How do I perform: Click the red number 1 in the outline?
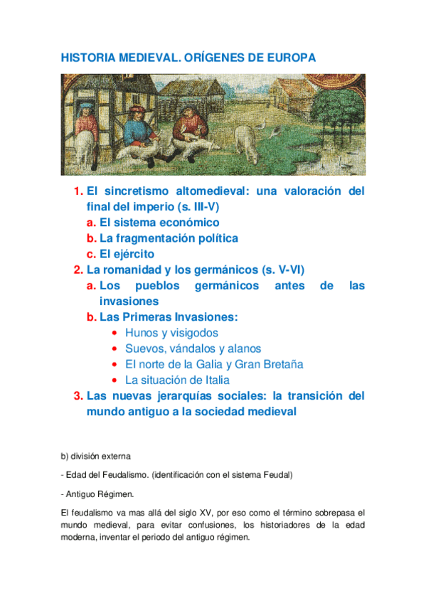click(78, 191)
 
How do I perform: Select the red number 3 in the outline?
click(78, 396)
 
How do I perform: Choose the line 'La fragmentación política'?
click(169, 238)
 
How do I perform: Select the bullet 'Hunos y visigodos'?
click(171, 333)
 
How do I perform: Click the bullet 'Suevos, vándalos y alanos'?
click(193, 348)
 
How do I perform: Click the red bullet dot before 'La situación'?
click(115, 380)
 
